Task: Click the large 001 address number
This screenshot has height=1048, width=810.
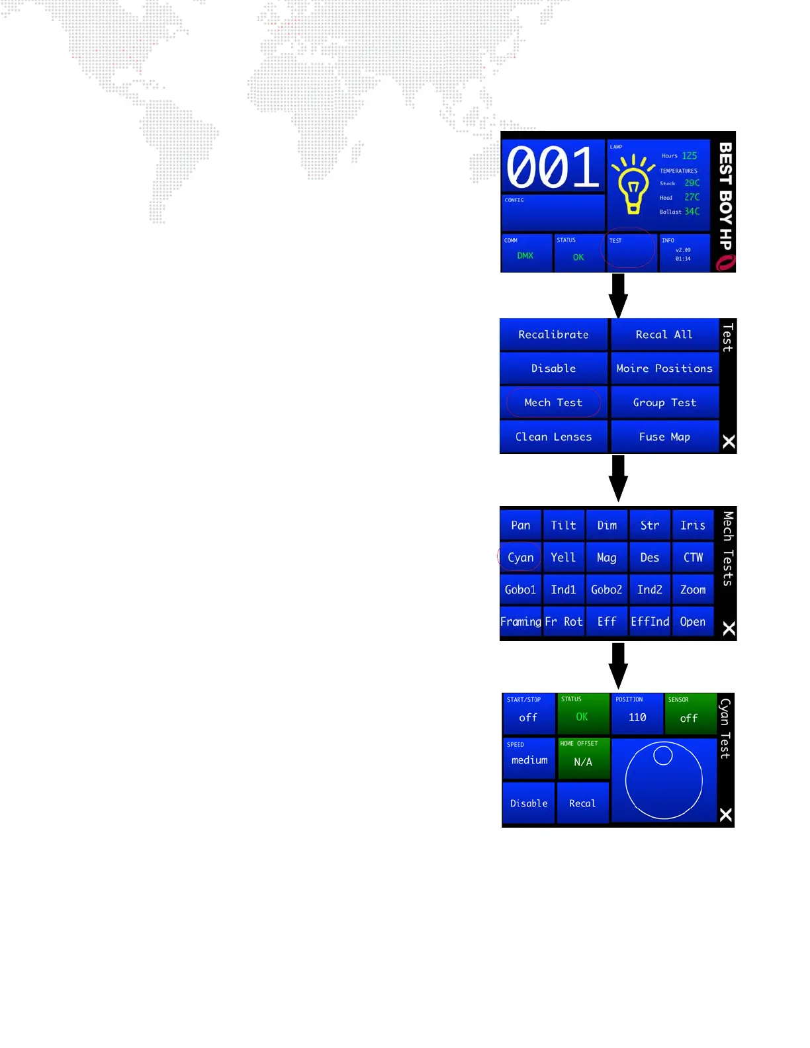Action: (553, 167)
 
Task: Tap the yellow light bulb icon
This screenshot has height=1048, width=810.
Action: (633, 185)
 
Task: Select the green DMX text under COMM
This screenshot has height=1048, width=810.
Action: (525, 255)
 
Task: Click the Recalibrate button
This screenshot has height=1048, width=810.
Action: (553, 335)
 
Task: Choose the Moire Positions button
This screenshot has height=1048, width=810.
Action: (664, 369)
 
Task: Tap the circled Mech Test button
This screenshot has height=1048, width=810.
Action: (553, 402)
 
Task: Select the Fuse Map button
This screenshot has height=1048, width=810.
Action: (664, 437)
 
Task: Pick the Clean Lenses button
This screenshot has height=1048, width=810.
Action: (553, 437)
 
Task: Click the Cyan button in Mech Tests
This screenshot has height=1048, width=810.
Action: (520, 558)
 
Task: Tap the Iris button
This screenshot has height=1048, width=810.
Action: (693, 525)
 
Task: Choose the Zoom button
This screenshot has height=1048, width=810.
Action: (693, 589)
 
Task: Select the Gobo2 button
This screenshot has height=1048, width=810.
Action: (606, 589)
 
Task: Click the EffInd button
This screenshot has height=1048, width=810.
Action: (650, 622)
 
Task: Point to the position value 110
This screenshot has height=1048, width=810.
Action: (637, 717)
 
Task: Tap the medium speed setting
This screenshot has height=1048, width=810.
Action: (529, 760)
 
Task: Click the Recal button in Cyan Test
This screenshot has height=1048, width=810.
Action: (582, 803)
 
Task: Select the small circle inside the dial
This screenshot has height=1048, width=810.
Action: (663, 755)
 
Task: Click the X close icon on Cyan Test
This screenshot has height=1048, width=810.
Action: (726, 814)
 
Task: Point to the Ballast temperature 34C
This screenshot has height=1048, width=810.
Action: (692, 212)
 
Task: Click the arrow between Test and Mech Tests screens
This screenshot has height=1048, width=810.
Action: (618, 478)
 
